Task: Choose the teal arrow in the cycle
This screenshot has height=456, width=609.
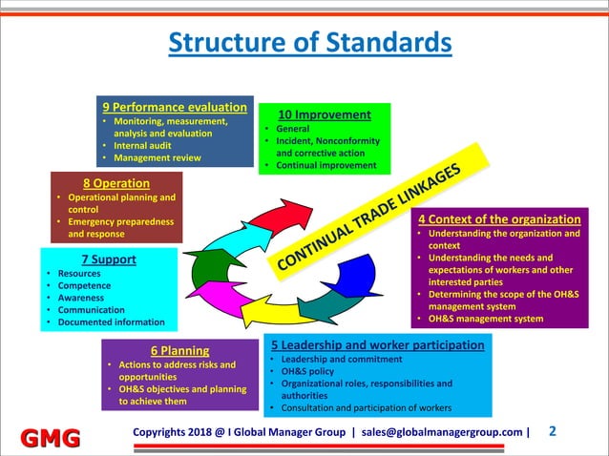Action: click(320, 302)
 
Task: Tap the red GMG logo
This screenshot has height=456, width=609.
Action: click(46, 438)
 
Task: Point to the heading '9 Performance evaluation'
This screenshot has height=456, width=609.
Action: click(175, 107)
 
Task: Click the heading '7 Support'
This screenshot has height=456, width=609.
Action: click(109, 259)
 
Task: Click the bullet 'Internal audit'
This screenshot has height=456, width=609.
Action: click(144, 145)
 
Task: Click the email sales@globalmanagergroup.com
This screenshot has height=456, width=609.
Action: click(441, 431)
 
